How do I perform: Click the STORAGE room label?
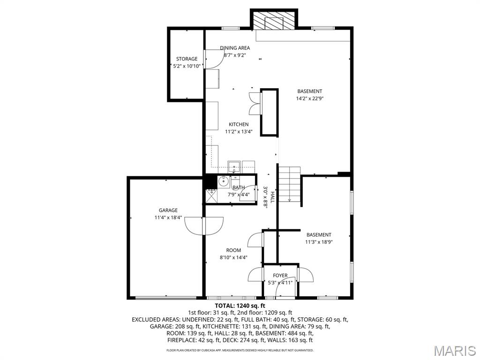click(x=187, y=59)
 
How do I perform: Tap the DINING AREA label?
click(x=235, y=48)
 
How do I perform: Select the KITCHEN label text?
click(x=239, y=124)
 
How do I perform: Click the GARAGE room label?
click(x=168, y=210)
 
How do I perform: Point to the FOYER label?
click(x=280, y=276)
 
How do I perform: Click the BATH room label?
click(x=239, y=187)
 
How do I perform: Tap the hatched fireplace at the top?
click(x=274, y=20)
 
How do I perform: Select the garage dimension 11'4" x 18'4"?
click(x=168, y=217)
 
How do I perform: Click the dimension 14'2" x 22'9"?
click(x=310, y=98)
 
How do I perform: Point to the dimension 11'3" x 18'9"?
click(x=319, y=242)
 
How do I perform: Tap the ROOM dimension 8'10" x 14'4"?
click(x=233, y=257)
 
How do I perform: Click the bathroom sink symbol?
click(x=223, y=180)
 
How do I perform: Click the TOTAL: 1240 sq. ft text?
click(x=240, y=306)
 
